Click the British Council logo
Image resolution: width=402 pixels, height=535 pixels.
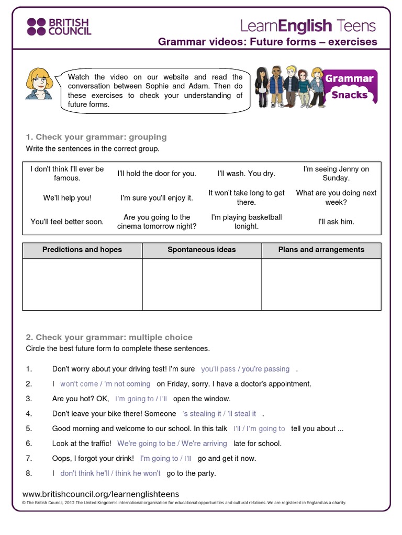[x=59, y=26]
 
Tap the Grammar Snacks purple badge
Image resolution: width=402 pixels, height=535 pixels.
[x=349, y=86]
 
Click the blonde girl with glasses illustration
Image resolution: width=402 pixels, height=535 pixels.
[x=39, y=84]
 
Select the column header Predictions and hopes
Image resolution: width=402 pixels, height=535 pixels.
[x=82, y=250]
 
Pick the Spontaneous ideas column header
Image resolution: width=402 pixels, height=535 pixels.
[x=202, y=250]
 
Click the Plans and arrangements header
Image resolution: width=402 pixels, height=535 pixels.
[x=321, y=250]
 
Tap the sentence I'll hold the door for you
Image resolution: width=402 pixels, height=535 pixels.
[x=157, y=173]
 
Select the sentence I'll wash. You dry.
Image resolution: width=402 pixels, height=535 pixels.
[x=246, y=173]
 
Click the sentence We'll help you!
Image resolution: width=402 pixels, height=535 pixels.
[x=67, y=198]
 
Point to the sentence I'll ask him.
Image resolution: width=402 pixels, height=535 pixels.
[x=336, y=222]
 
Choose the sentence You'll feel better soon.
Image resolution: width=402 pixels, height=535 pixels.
[x=67, y=222]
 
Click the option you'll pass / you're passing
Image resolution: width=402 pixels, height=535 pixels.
[x=245, y=369]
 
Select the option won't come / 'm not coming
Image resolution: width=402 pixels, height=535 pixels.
[x=105, y=383]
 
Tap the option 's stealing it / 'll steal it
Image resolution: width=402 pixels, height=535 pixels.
[x=219, y=413]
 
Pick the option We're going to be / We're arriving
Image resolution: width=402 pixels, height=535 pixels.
[x=172, y=443]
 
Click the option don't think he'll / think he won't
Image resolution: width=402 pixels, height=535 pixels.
[x=110, y=473]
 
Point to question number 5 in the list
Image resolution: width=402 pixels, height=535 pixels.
[x=29, y=428]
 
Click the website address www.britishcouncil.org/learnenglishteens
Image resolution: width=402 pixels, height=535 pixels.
[x=101, y=494]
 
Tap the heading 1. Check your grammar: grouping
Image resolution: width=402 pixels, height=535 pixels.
[x=96, y=137]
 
